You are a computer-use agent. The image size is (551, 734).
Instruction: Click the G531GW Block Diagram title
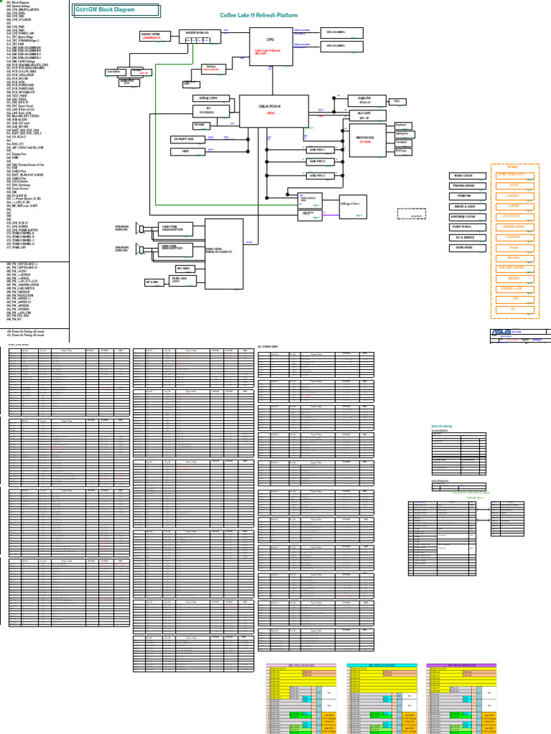105,10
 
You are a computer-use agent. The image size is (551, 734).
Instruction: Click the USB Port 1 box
316,149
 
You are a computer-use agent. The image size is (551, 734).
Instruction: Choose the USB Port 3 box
316,175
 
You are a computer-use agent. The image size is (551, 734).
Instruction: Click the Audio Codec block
224,250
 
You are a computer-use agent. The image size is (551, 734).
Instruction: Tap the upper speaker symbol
141,229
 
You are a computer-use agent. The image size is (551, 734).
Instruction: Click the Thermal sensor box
467,186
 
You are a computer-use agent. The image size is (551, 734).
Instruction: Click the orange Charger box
513,247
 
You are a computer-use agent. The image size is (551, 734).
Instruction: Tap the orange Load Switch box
513,236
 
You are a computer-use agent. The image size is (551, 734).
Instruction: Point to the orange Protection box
513,257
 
